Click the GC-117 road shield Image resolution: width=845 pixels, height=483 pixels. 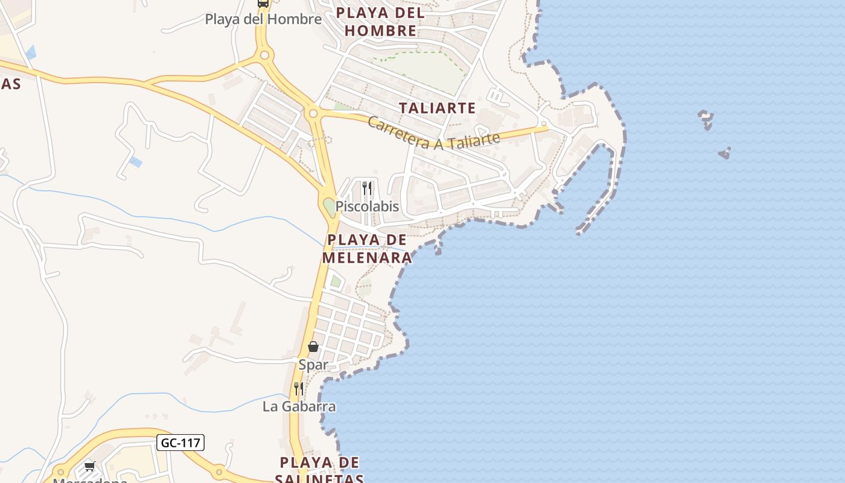(180, 443)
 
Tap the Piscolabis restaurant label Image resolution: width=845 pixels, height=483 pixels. (367, 206)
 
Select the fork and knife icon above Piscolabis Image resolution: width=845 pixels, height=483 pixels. (366, 188)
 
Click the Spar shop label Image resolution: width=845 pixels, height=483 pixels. (313, 365)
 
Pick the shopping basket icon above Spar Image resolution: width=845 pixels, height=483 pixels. (313, 347)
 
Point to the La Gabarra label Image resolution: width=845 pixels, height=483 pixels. (299, 406)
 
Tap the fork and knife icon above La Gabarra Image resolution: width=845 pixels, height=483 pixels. (299, 388)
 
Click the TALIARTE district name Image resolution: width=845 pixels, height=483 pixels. (437, 109)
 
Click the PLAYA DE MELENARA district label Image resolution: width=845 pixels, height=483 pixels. (367, 249)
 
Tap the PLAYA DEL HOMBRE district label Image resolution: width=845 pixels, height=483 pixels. (380, 22)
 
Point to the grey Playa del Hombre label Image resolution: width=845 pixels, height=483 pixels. (263, 19)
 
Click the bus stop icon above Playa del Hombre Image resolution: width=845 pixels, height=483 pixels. (263, 3)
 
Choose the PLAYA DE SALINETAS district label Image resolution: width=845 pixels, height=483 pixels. (320, 471)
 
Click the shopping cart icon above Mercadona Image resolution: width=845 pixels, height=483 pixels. (90, 465)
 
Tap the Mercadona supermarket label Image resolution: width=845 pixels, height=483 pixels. (90, 480)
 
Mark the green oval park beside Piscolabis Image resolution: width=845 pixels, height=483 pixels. (329, 207)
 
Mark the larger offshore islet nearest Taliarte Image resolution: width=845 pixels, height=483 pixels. (705, 118)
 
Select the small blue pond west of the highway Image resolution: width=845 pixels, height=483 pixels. (136, 162)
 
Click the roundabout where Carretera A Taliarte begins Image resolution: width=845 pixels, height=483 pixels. (313, 113)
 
